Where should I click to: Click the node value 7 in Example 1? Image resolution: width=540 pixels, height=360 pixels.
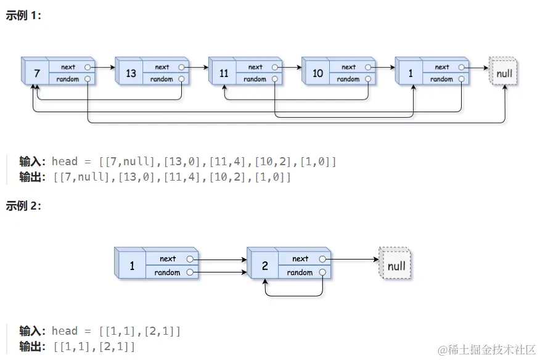point(37,73)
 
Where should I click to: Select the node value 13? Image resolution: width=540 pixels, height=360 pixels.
point(131,73)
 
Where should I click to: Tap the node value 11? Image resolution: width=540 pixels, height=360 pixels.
point(224,73)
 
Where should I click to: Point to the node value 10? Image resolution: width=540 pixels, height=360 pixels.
point(317,73)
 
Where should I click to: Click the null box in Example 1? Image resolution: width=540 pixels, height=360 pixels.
point(504,73)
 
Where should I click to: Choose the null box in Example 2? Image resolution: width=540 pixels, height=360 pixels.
point(396,266)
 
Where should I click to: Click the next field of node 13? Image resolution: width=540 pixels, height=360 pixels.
point(162,67)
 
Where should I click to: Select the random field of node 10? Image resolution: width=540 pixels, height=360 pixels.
point(348,79)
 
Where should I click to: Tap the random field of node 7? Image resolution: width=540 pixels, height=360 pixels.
point(68,79)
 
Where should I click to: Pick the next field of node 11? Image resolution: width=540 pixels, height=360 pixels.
point(255,67)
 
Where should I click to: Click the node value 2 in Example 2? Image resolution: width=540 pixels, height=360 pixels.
point(265,266)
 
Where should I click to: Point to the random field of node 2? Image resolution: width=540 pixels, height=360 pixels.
point(300,272)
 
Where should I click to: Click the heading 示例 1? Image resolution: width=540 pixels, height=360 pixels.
point(23,16)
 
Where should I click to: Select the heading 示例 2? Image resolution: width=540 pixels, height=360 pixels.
point(23,206)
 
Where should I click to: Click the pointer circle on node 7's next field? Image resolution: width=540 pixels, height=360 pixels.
point(88,67)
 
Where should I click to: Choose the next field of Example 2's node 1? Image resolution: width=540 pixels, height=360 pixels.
point(168,259)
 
